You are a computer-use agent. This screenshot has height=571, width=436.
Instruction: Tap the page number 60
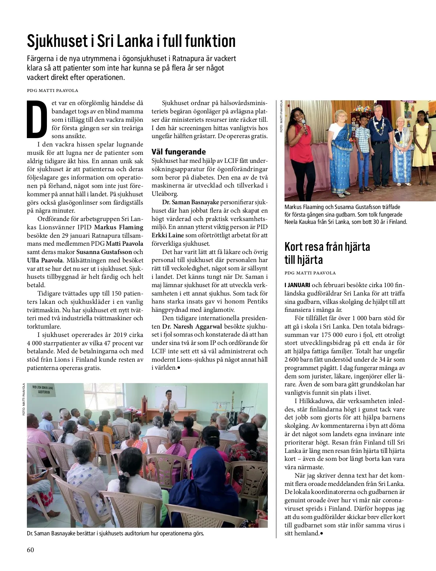(x=31, y=550)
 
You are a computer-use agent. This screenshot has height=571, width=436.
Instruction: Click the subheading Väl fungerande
(x=178, y=152)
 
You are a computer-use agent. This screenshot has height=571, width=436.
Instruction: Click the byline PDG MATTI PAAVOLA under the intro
(x=53, y=91)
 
